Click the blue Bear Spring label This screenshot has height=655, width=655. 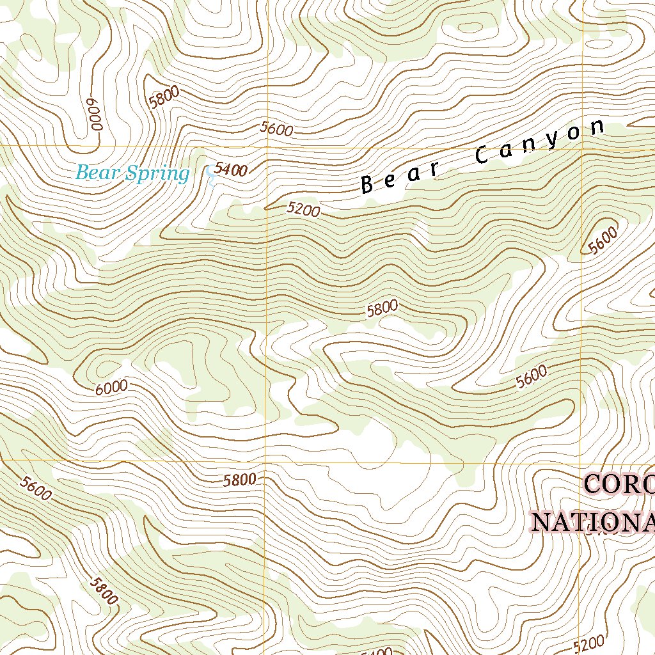132,173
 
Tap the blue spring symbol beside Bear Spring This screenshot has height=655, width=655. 210,175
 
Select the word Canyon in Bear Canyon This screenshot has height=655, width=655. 540,141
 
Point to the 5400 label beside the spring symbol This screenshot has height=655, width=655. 231,170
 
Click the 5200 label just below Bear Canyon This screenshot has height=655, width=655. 303,209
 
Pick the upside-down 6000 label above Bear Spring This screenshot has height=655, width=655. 95,114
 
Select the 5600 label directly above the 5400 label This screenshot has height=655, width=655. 277,129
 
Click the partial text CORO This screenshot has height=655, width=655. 619,485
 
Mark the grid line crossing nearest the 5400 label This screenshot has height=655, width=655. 266,146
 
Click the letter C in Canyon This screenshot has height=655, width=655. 483,154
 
